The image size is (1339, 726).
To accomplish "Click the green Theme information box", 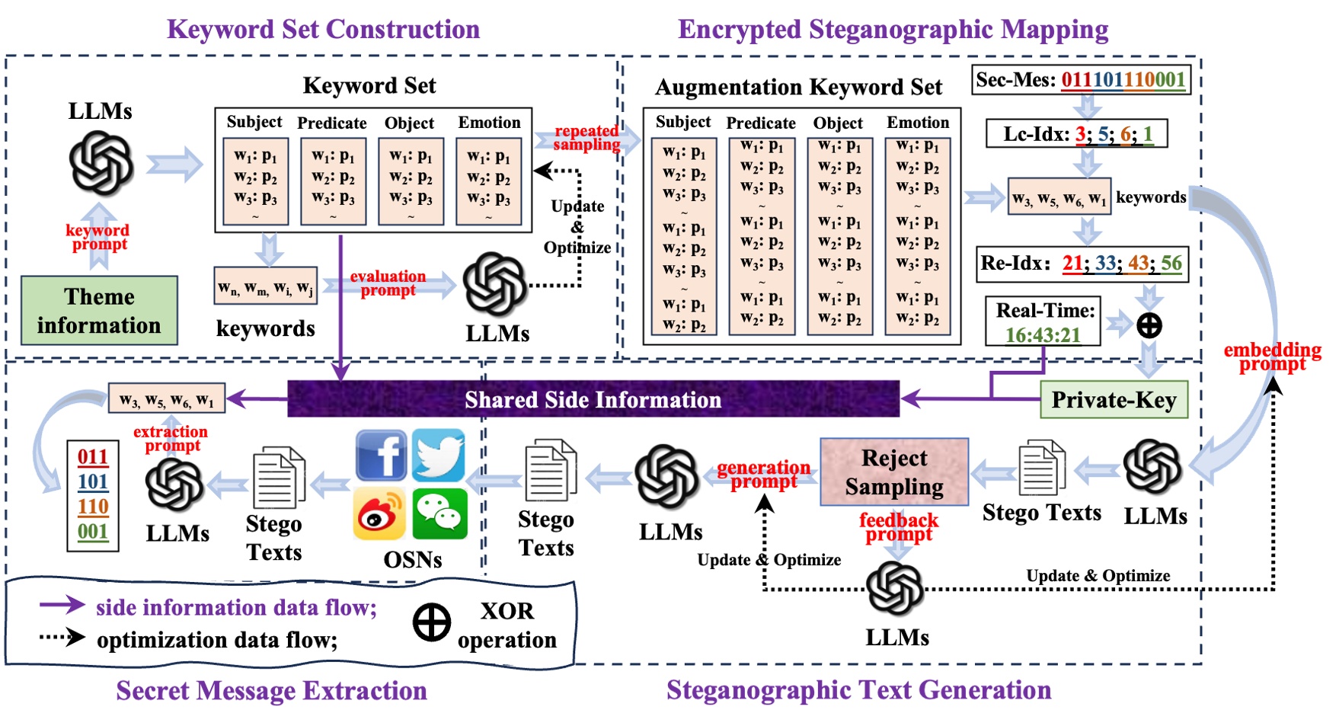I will [99, 311].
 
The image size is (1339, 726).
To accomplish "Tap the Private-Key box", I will [1114, 400].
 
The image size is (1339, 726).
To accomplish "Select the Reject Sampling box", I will [894, 472].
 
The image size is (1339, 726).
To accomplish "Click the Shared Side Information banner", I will [593, 399].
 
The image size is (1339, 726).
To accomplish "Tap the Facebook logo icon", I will [381, 455].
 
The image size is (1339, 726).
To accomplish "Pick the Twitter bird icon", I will [439, 455].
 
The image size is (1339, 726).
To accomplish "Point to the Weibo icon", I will [380, 514].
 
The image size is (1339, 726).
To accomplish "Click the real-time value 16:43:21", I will [1043, 335].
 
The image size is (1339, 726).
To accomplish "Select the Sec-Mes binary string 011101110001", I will [1123, 80].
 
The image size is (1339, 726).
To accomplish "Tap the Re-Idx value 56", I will [1171, 264].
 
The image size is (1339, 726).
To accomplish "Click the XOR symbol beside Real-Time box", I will [1149, 325].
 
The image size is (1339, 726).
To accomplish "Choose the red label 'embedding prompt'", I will [1272, 357].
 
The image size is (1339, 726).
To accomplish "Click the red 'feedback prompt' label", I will [899, 526].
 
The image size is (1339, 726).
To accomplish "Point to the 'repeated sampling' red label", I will [586, 138].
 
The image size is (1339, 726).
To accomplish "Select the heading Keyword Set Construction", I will [323, 29].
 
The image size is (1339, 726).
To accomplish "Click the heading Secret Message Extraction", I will [271, 690].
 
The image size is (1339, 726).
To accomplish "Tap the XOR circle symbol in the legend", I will [432, 623].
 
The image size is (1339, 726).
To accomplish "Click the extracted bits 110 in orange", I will [93, 507].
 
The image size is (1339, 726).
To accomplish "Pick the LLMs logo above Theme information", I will [101, 162].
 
